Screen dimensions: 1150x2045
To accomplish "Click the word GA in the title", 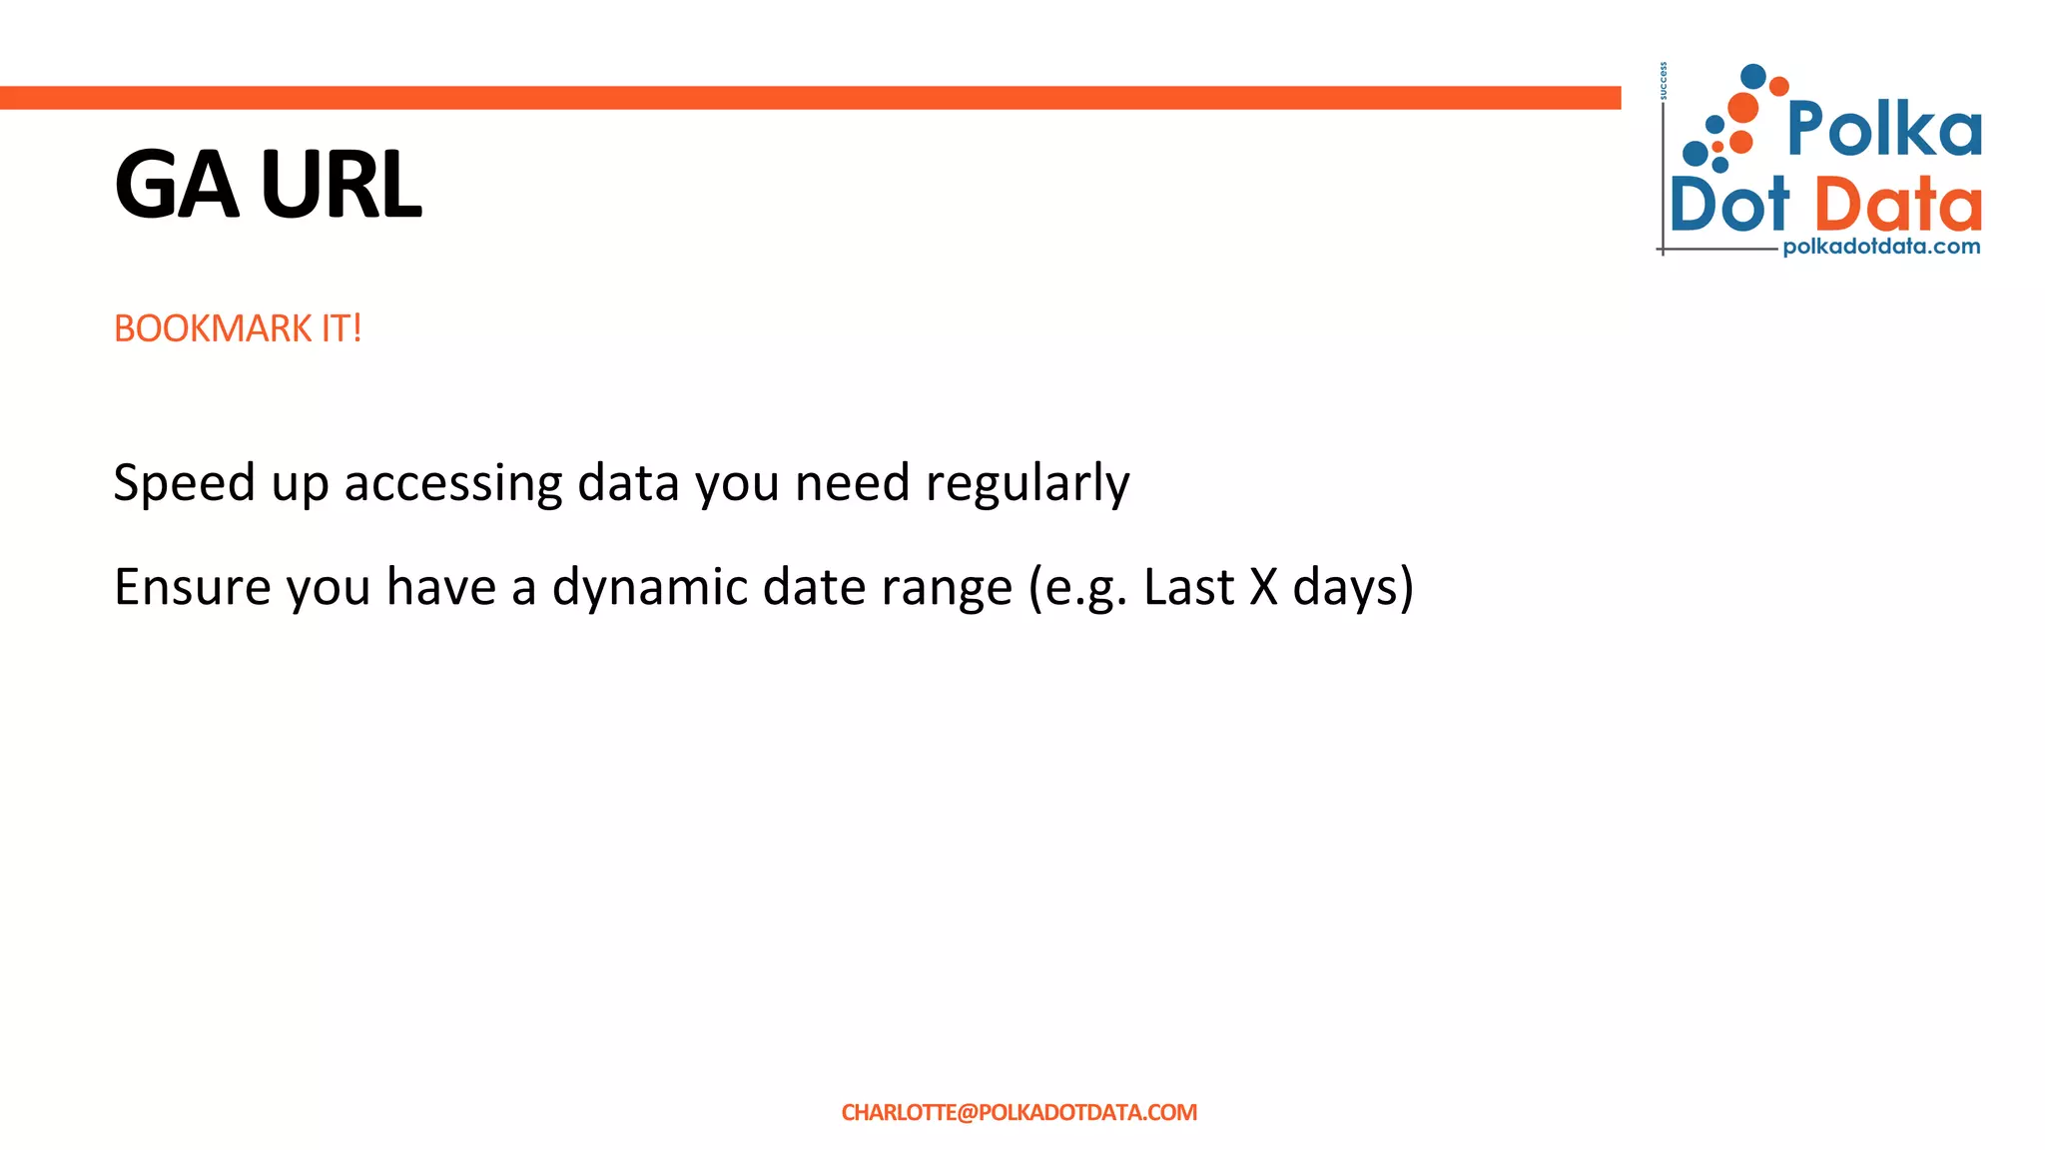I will (177, 185).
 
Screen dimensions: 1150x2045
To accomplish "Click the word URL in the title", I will (341, 185).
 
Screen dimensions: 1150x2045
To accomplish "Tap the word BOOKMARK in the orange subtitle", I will (213, 328).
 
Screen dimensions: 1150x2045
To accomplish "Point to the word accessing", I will (453, 483).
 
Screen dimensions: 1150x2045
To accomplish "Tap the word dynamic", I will (649, 587).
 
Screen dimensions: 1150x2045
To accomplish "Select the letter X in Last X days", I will (1263, 587).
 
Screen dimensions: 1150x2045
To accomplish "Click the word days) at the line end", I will (1353, 587).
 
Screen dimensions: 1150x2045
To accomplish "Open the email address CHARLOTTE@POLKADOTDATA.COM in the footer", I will (1019, 1112).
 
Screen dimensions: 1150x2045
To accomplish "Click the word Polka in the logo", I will (1884, 129).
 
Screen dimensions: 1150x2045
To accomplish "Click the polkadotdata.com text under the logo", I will (1881, 247).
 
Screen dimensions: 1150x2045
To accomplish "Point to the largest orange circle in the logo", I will (1742, 108).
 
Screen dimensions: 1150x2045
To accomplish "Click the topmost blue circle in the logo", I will (1752, 76).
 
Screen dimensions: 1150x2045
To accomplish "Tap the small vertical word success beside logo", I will (1664, 81).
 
